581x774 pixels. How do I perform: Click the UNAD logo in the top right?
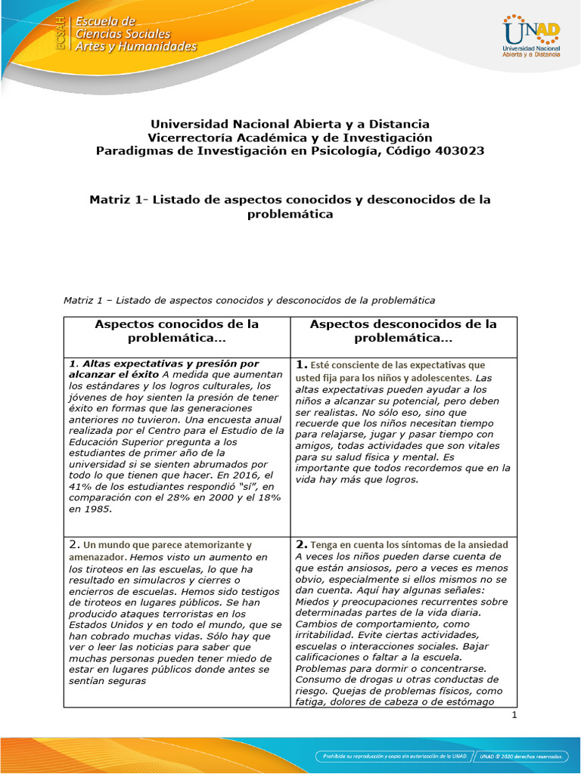click(531, 36)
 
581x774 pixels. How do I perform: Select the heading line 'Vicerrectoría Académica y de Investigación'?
click(290, 138)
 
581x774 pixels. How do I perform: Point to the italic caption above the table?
click(250, 300)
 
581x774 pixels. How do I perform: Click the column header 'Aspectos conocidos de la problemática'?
click(176, 331)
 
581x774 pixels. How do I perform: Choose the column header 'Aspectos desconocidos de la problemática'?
click(403, 331)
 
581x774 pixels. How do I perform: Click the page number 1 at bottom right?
click(514, 715)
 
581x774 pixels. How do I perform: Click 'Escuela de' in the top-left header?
click(105, 21)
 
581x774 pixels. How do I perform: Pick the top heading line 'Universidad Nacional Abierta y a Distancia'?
click(290, 124)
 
